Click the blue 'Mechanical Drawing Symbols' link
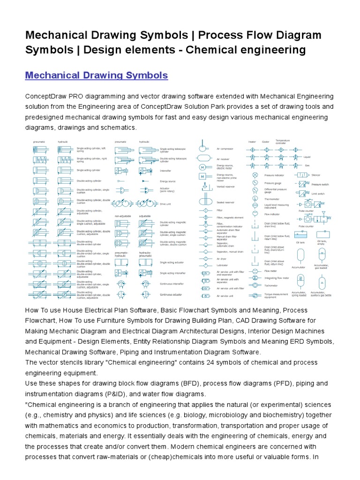pyautogui.click(x=96, y=75)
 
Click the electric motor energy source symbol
pyautogui.click(x=203, y=167)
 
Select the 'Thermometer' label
pyautogui.click(x=271, y=199)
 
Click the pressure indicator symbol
pyautogui.click(x=255, y=175)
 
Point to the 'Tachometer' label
pyautogui.click(x=271, y=285)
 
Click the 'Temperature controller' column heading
pyautogui.click(x=283, y=141)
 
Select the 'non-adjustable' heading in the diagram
pyautogui.click(x=122, y=216)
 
